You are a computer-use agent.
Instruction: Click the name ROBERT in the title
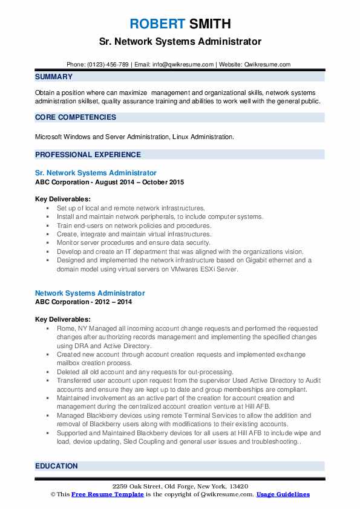[x=155, y=24]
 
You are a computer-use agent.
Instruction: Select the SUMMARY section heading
[x=54, y=77]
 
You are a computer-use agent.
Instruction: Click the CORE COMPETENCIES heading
[x=76, y=117]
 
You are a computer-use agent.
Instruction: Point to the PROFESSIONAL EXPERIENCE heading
[x=88, y=154]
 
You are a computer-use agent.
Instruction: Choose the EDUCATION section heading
[x=56, y=466]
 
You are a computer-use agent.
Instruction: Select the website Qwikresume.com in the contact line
[x=269, y=64]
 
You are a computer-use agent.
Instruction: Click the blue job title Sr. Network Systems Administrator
[x=96, y=173]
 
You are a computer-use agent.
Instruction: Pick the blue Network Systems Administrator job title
[x=90, y=293]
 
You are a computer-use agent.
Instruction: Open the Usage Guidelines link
[x=283, y=494]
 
